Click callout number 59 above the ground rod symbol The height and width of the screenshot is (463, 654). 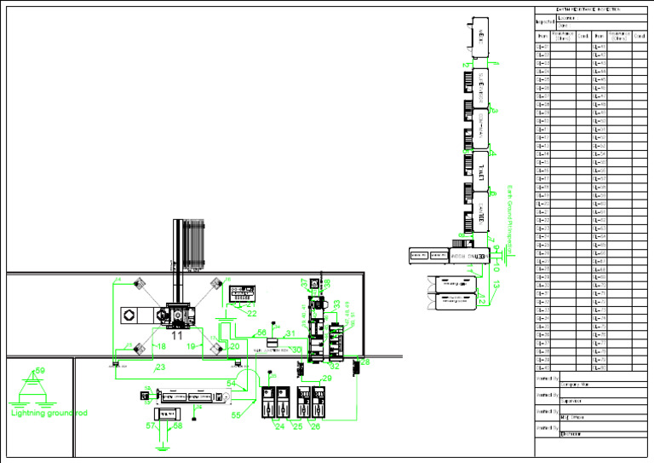coord(38,372)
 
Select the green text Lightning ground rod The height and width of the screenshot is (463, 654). coord(49,414)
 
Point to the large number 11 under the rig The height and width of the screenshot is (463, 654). coord(178,337)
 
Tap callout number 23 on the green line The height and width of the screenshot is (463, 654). coord(159,368)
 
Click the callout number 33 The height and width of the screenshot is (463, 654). coord(337,304)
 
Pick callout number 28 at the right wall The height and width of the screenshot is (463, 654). coord(365,362)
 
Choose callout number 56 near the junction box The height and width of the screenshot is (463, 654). coord(262,333)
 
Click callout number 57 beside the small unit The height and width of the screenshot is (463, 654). coord(150,425)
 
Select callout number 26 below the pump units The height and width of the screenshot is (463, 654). coord(315,425)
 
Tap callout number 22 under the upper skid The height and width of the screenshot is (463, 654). coord(252,313)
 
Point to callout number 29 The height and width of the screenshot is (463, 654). coord(327,378)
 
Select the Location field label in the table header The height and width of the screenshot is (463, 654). coord(566,17)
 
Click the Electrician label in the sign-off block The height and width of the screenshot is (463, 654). coord(571,435)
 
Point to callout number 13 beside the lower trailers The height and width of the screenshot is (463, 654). coord(496,284)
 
